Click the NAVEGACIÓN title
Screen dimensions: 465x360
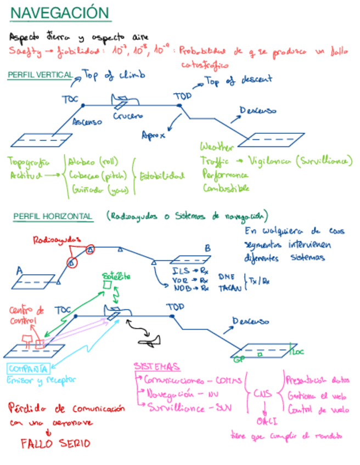tap(60, 13)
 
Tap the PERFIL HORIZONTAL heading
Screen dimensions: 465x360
tap(53, 217)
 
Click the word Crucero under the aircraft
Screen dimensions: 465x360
tap(128, 116)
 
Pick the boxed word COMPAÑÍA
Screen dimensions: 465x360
tap(28, 368)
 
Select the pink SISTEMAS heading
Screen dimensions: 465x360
tap(156, 366)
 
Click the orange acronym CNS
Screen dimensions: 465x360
tap(263, 394)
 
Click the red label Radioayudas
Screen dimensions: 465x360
tap(57, 240)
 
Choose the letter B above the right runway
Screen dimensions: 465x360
tap(207, 248)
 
